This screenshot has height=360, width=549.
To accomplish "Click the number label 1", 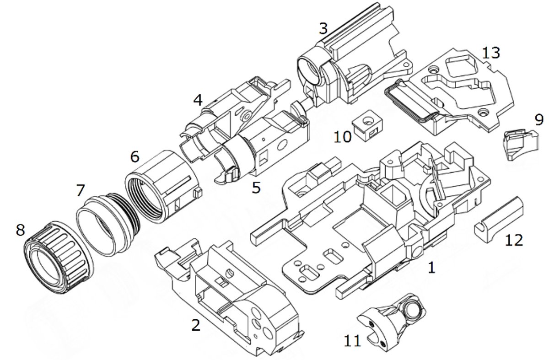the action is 431,267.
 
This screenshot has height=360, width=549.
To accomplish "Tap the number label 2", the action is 196,325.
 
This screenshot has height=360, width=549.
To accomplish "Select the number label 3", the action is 323,28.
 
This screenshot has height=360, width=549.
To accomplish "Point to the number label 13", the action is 491,53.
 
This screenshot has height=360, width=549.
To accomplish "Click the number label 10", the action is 343,136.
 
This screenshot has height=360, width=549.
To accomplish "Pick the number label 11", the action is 352,341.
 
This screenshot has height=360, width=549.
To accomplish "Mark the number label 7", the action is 81,190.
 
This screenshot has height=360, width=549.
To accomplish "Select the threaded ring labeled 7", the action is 108,224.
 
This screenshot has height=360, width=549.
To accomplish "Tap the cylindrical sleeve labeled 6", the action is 163,186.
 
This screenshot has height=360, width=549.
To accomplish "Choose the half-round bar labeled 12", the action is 499,220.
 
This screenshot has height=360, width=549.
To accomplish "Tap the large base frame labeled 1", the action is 368,220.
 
